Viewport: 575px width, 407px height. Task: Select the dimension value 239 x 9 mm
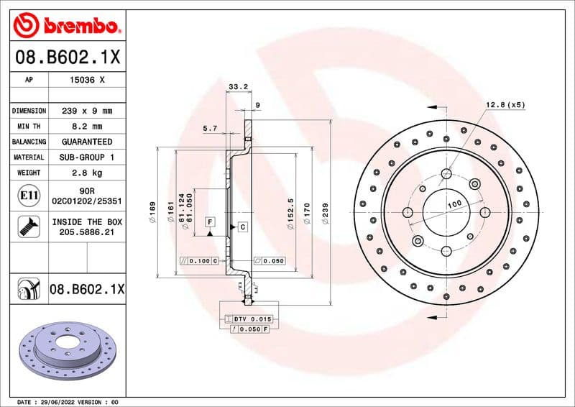[86, 111]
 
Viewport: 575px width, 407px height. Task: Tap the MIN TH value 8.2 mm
[86, 127]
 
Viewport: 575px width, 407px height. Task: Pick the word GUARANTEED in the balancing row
[86, 142]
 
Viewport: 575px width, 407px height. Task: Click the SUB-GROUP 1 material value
[86, 157]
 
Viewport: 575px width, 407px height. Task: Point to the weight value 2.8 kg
[86, 173]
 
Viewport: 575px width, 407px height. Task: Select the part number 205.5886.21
[86, 233]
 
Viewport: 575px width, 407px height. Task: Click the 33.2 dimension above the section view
[238, 87]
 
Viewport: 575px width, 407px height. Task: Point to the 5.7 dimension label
[210, 128]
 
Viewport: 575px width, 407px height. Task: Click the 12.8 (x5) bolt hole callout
[505, 105]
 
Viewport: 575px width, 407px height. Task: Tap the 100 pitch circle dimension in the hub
[454, 205]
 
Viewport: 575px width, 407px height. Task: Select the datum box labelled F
[210, 222]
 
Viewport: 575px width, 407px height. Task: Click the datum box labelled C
[242, 227]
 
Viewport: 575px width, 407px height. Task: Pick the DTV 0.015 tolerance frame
[248, 319]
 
